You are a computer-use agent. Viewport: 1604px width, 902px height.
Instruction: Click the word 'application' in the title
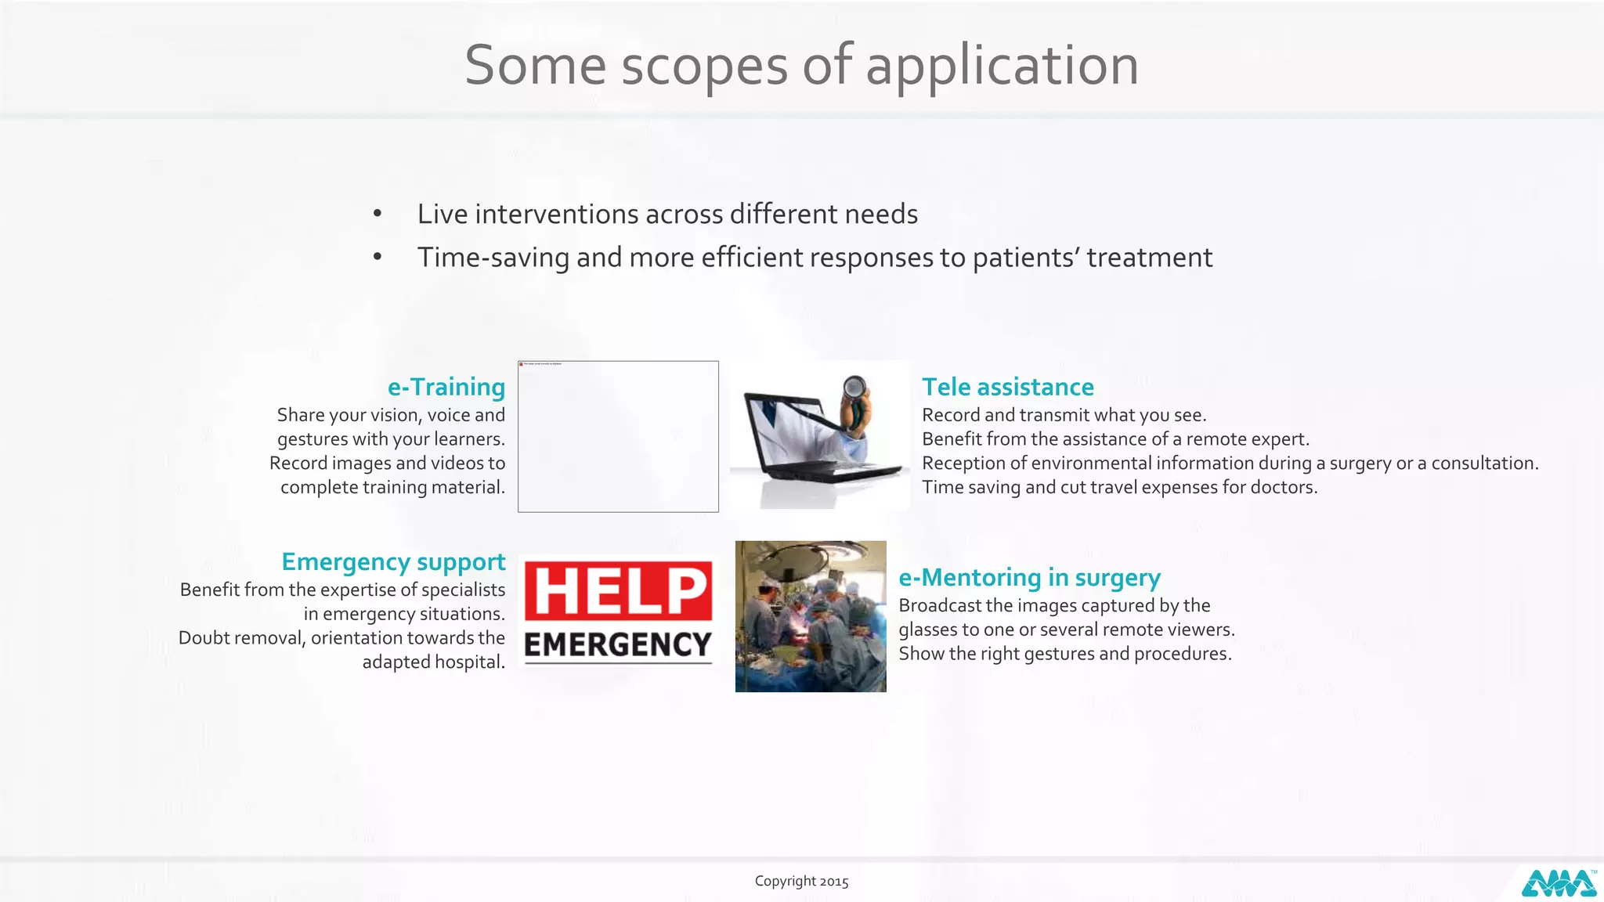coord(1002,66)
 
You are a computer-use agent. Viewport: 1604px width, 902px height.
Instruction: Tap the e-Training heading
coord(446,387)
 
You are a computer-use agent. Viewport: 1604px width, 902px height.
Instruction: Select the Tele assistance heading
coord(1007,387)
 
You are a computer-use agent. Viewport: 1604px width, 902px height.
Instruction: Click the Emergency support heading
coord(393,561)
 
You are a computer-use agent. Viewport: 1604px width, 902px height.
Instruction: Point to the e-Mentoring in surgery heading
coord(1029,577)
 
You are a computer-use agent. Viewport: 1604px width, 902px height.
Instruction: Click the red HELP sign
coord(619,590)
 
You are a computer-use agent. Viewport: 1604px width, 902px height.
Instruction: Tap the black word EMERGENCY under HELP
coord(618,645)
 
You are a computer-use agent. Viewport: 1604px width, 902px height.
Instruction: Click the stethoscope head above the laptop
coord(854,386)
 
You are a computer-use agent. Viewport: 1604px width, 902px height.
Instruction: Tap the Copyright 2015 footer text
coord(801,881)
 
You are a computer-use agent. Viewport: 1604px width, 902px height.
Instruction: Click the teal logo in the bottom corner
coord(1559,884)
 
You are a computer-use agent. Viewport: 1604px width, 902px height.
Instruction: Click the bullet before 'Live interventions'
coord(378,214)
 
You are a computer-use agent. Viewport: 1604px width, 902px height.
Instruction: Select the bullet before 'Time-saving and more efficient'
coord(378,257)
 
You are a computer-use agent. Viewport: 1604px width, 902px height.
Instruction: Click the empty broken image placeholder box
coord(618,436)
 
